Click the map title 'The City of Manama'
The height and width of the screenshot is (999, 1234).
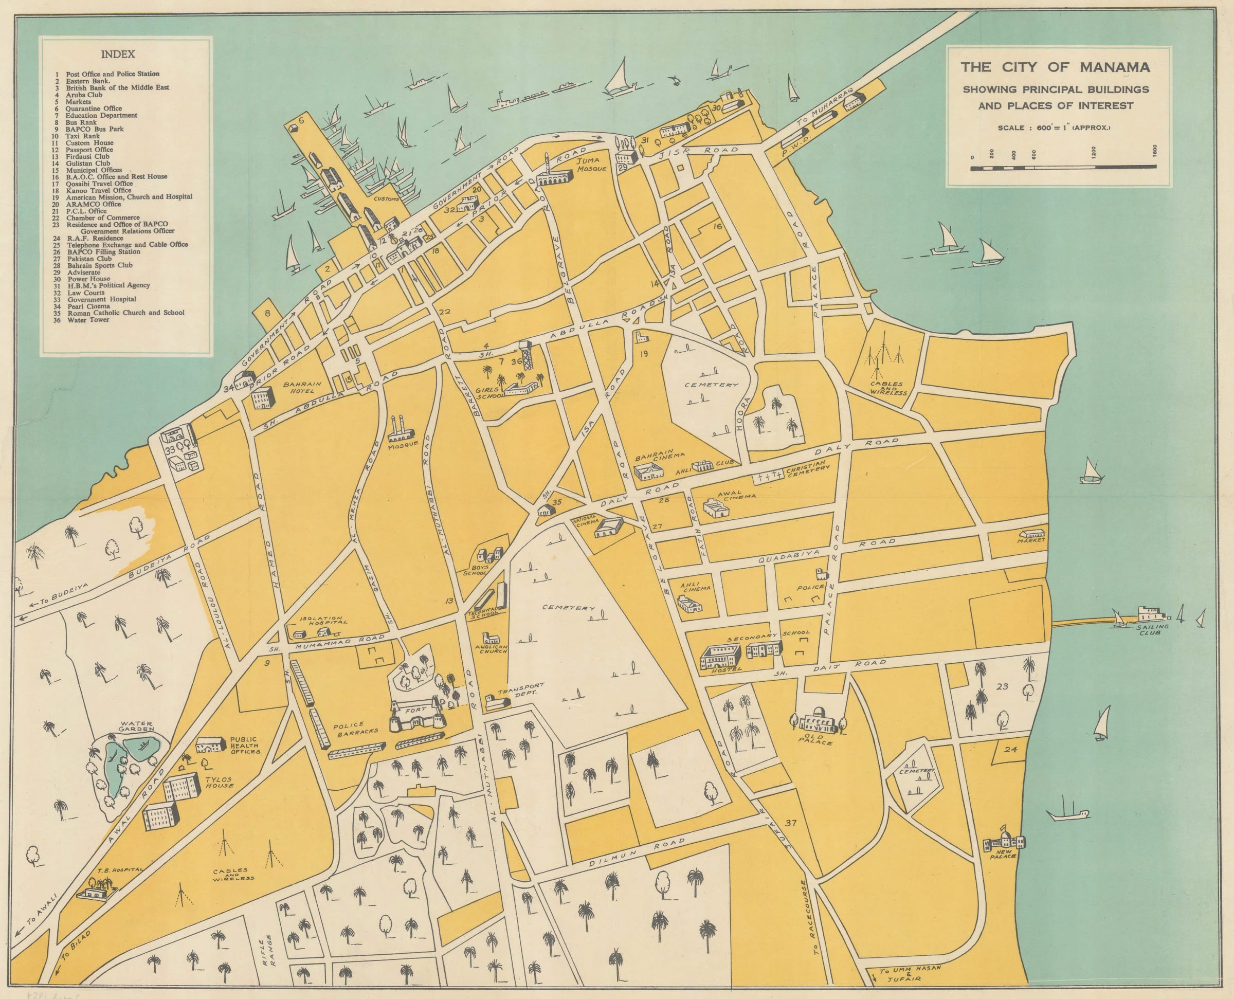pyautogui.click(x=1055, y=67)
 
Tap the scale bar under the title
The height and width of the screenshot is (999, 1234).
pyautogui.click(x=1063, y=168)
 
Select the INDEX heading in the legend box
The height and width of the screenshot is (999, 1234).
pyautogui.click(x=118, y=54)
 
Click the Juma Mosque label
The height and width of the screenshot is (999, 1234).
pyautogui.click(x=592, y=165)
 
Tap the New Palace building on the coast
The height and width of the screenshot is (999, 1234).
pyautogui.click(x=1004, y=841)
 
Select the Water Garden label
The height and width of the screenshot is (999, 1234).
pyautogui.click(x=136, y=726)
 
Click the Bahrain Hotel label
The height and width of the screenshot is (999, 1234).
pyautogui.click(x=302, y=387)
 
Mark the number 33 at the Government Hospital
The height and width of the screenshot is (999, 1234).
pyautogui.click(x=170, y=450)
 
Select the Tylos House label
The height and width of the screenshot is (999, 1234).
pyautogui.click(x=219, y=782)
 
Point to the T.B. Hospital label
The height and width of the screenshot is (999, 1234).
pyautogui.click(x=119, y=869)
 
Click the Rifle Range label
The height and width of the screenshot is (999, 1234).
pyautogui.click(x=269, y=952)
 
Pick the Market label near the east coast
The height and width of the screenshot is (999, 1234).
pyautogui.click(x=1030, y=540)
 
